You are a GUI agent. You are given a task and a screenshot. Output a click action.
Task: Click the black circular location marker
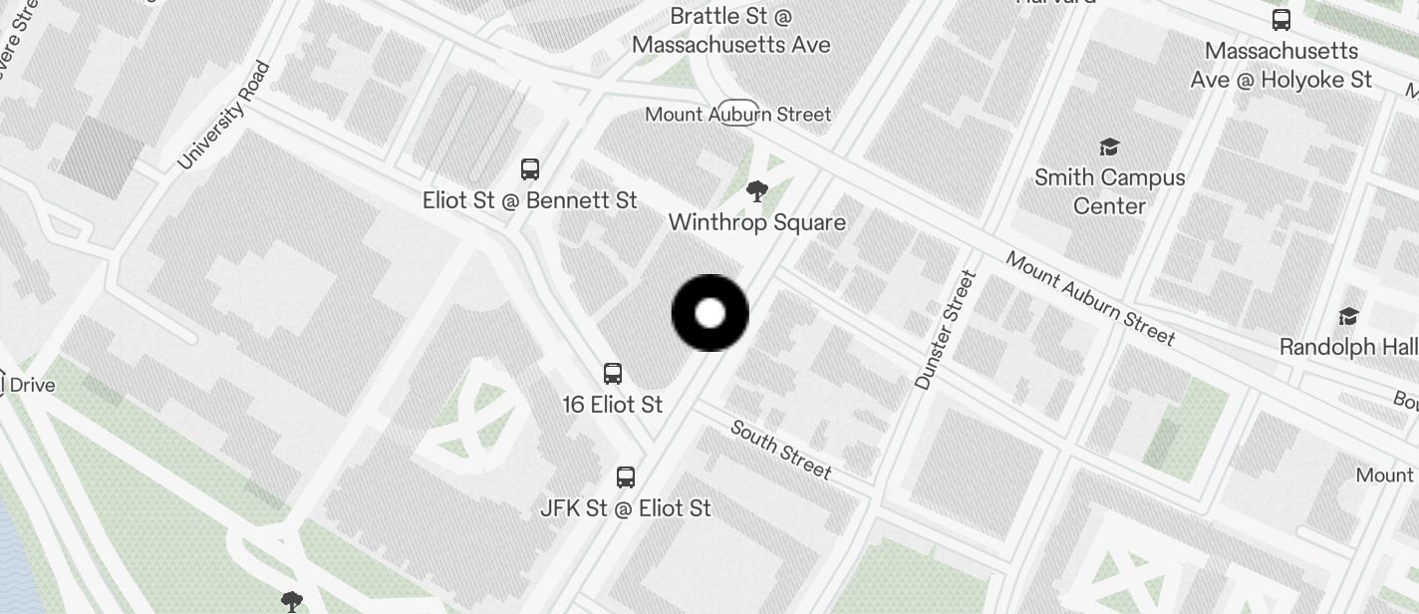[710, 313]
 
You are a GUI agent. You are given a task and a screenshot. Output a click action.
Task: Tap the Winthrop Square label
[756, 222]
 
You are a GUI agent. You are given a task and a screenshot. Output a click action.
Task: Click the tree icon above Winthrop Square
[757, 191]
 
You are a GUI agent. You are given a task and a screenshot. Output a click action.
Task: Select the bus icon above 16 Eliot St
[613, 374]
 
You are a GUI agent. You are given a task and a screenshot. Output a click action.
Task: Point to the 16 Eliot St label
[612, 405]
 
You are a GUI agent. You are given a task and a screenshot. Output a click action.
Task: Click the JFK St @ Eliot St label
[625, 508]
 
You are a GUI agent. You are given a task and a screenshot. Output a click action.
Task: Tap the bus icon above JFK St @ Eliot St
[626, 477]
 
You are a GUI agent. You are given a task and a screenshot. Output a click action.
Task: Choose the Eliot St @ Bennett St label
[529, 200]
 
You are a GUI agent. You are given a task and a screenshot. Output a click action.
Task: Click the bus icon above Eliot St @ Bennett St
[530, 169]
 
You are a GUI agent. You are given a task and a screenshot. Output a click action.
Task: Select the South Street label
[780, 449]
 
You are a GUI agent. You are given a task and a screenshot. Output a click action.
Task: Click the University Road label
[224, 116]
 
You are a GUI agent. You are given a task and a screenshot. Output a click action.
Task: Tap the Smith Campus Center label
[1109, 191]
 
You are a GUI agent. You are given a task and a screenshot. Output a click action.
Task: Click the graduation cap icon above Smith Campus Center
[1109, 148]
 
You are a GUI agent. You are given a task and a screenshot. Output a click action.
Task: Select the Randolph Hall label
[1347, 347]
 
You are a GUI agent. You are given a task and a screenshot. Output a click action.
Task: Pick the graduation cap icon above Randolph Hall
[1348, 316]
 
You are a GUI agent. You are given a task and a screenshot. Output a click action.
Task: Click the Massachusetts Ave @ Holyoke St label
[1280, 65]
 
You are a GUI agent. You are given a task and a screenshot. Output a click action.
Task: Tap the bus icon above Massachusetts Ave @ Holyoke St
[1281, 19]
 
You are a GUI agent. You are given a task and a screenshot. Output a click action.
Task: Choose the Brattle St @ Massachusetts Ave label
[730, 31]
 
